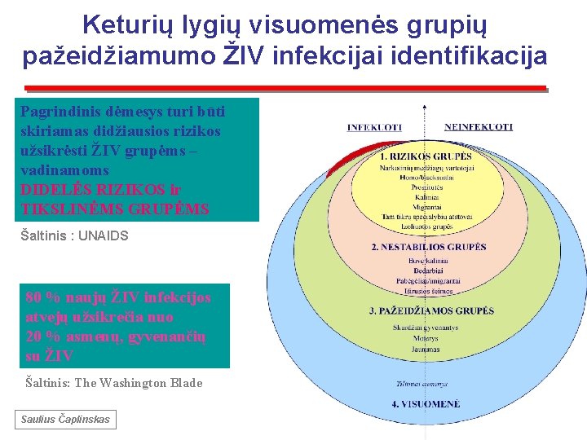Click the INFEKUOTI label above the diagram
click(374, 127)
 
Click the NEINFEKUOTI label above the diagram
click(478, 127)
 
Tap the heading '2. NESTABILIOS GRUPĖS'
click(427, 247)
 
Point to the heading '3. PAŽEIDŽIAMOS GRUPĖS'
click(431, 310)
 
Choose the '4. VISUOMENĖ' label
click(425, 404)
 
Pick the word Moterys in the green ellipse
click(425, 338)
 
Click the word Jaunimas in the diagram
click(425, 348)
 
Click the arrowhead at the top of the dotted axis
click(425, 105)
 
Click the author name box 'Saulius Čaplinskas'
click(64, 420)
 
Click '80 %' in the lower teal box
click(40, 297)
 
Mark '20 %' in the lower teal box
click(40, 337)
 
